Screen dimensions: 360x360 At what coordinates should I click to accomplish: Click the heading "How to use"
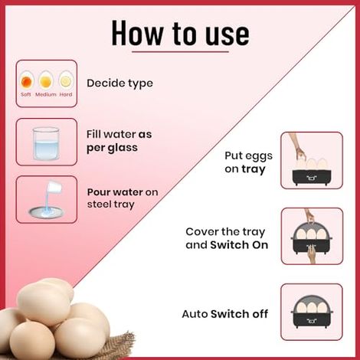click(x=180, y=33)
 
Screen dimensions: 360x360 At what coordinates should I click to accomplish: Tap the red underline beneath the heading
click(x=180, y=53)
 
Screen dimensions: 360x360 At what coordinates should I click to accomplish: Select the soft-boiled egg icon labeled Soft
click(x=27, y=79)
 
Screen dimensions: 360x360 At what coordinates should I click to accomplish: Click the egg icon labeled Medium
click(x=46, y=80)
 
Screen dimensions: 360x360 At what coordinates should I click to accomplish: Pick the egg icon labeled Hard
click(x=66, y=80)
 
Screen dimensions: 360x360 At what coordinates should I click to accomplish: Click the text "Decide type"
click(x=119, y=83)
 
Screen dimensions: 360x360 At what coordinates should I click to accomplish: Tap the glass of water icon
click(x=46, y=142)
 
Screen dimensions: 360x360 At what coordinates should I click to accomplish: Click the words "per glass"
click(x=112, y=147)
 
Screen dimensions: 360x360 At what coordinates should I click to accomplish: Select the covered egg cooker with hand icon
click(x=310, y=236)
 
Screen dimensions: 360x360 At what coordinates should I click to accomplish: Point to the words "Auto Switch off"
click(x=224, y=314)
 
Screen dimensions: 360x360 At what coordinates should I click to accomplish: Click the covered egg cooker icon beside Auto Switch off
click(x=310, y=312)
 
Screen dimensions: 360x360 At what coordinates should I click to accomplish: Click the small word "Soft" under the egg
click(x=27, y=94)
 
